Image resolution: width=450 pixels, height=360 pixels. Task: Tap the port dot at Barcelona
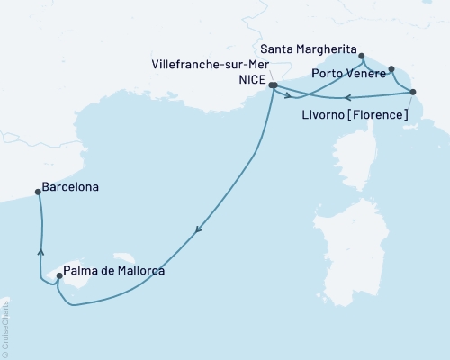(37, 191)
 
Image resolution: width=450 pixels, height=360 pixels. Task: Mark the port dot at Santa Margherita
(361, 56)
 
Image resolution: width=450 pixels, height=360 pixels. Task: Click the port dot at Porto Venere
(391, 67)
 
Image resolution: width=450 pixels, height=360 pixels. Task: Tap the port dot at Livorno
(413, 92)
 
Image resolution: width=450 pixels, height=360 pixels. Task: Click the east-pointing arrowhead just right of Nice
(289, 94)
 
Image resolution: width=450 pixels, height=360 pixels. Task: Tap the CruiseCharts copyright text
(6, 328)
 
